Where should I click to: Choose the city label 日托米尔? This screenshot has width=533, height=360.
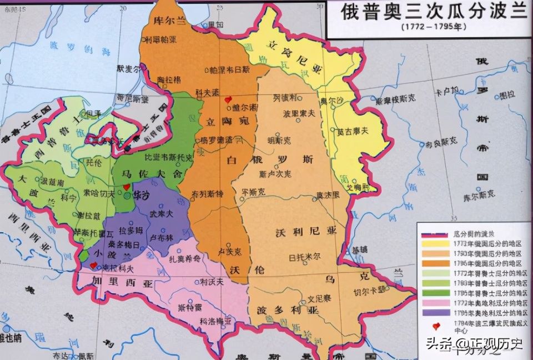(305, 257)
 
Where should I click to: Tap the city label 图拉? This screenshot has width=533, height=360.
(507, 96)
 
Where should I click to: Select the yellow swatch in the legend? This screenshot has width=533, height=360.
(435, 243)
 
